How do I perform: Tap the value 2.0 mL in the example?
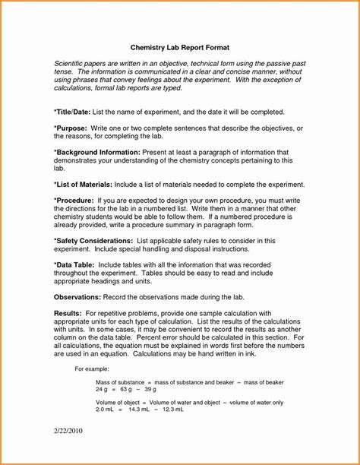tap(106, 410)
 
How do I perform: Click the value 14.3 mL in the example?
tap(140, 410)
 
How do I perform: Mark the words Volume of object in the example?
tap(117, 402)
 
